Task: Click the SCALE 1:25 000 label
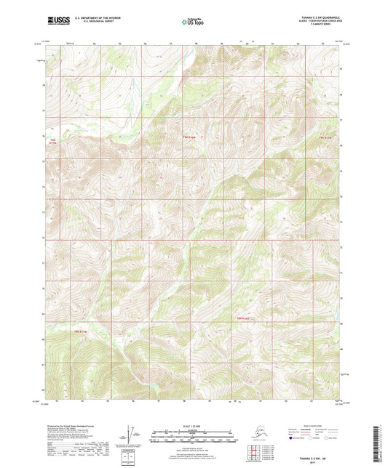click(x=194, y=425)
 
